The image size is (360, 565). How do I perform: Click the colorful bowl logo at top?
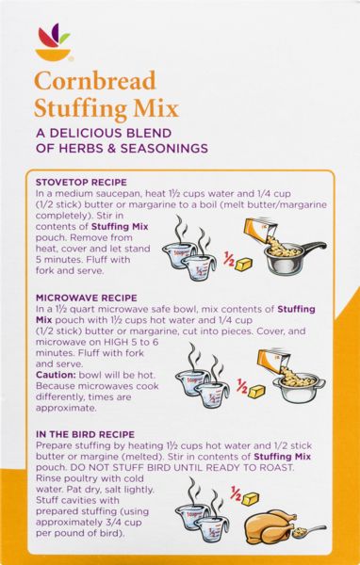(53, 41)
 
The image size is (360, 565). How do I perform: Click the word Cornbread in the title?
(95, 81)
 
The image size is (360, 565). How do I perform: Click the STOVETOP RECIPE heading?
(81, 183)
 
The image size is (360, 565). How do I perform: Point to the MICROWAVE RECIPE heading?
(86, 298)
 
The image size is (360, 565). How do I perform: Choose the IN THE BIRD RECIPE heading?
(85, 434)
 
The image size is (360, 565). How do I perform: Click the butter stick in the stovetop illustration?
(244, 264)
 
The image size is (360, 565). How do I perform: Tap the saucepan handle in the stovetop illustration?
(313, 247)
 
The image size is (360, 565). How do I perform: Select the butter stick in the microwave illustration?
(257, 392)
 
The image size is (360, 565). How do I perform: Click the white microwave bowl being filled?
(300, 388)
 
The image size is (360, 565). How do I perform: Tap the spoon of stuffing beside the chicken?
(309, 531)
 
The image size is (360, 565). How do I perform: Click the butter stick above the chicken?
(251, 499)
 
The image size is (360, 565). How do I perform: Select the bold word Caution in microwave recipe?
(56, 375)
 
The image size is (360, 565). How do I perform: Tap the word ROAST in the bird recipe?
(278, 467)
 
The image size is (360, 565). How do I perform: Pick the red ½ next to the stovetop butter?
(229, 259)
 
